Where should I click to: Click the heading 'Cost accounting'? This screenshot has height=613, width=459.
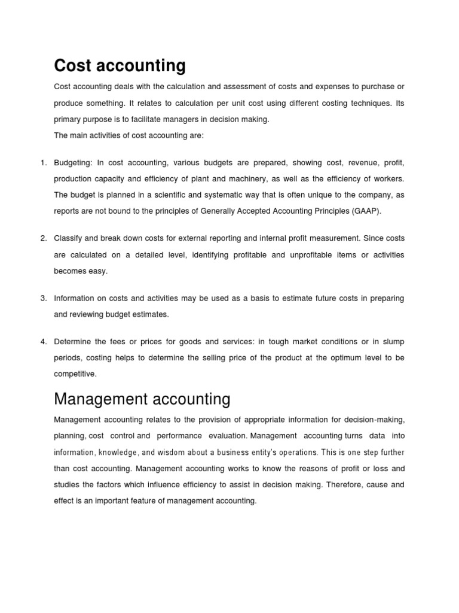(x=120, y=65)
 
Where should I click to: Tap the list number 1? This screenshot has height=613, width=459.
(x=43, y=163)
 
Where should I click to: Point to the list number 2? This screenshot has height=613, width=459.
(x=43, y=238)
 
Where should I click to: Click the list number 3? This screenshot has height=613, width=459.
(x=43, y=298)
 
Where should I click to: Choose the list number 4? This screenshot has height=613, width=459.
(x=43, y=342)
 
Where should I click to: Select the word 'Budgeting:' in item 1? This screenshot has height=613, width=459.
(x=73, y=163)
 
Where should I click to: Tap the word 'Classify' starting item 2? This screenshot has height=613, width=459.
(x=68, y=238)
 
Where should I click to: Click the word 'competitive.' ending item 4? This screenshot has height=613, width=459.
(x=75, y=374)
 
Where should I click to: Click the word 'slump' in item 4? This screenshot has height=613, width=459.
(x=392, y=342)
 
